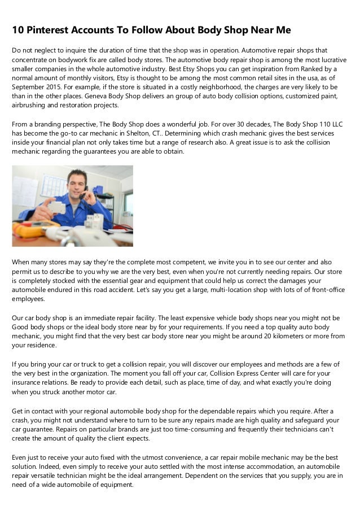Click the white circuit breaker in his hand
56,207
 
